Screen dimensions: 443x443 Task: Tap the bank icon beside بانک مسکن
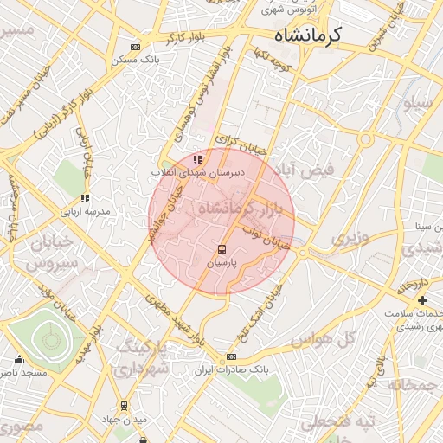click(x=134, y=47)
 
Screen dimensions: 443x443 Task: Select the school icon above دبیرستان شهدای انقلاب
click(x=198, y=158)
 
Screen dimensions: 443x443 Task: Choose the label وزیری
click(x=352, y=235)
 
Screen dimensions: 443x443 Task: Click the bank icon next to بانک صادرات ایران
click(x=231, y=357)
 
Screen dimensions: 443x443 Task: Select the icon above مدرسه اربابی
click(x=85, y=199)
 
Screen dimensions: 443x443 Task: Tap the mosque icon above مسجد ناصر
click(x=20, y=360)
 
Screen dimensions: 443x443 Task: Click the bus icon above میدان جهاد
click(x=124, y=406)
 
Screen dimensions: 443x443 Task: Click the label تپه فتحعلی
click(x=343, y=421)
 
